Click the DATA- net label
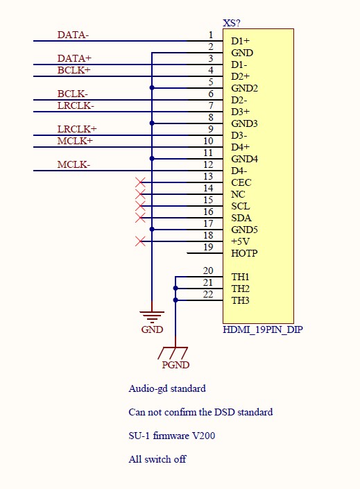[73, 35]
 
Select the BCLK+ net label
[74, 70]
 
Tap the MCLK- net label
[74, 164]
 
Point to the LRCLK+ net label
[77, 129]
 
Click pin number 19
[208, 247]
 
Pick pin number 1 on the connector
[211, 35]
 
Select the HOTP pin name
[244, 253]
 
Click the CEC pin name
[241, 182]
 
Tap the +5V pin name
[241, 241]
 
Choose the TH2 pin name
[240, 289]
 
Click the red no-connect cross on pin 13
[140, 182]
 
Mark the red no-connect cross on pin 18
[140, 241]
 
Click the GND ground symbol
[152, 316]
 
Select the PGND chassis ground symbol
[173, 353]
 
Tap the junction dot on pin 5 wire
[152, 88]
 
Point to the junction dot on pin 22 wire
[175, 300]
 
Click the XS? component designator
[232, 23]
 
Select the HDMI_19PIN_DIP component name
[263, 329]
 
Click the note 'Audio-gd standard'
[167, 388]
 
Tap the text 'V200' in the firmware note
[203, 436]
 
